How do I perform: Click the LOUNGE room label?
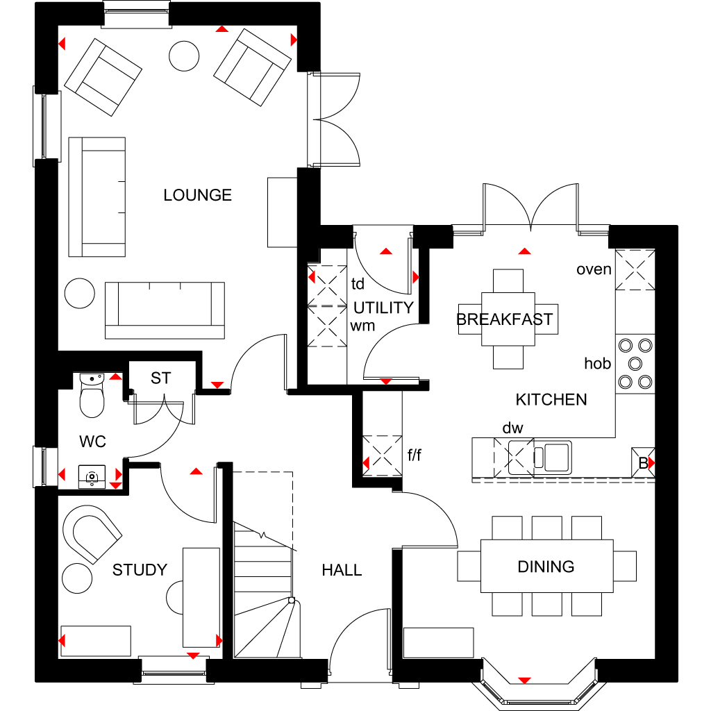coord(198,195)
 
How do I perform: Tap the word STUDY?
coord(140,570)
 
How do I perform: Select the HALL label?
coord(342,570)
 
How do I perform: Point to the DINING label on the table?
coord(546,567)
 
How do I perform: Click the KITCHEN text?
coord(551,399)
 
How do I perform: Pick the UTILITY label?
coord(383,308)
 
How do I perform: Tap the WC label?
coord(92,441)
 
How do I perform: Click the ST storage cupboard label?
coord(160,378)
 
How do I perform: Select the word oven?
coord(594,269)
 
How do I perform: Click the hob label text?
coord(598,363)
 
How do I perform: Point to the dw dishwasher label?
coord(513,428)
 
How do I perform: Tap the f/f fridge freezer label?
coord(415,455)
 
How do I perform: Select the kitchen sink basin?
coord(556,457)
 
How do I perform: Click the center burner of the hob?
coord(635,364)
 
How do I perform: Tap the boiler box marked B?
coord(643,463)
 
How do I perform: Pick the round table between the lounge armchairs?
coord(184,56)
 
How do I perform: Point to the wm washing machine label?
coord(362,326)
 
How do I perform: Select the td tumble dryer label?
coord(358,284)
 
